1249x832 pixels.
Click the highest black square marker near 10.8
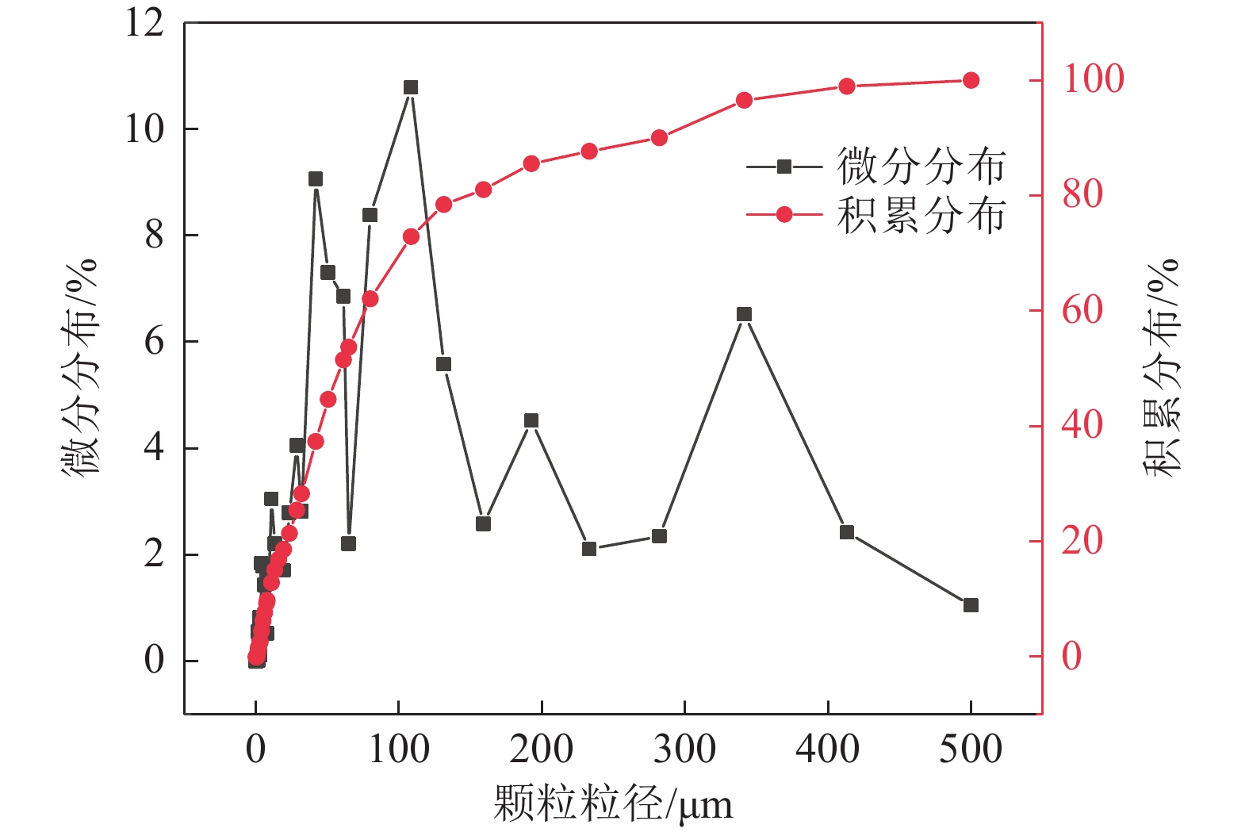pyautogui.click(x=410, y=87)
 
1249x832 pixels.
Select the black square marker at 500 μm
pyautogui.click(x=971, y=605)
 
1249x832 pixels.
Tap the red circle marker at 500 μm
pyautogui.click(x=971, y=80)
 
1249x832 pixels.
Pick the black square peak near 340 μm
pyautogui.click(x=744, y=314)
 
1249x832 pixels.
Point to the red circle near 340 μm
pyautogui.click(x=744, y=100)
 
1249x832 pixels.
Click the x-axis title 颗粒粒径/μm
pyautogui.click(x=612, y=804)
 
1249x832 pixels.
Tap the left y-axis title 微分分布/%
pyautogui.click(x=80, y=366)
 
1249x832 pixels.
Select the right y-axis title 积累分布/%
pyautogui.click(x=1161, y=366)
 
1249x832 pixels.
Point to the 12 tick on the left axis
pyautogui.click(x=144, y=23)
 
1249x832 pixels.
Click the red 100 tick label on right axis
pyautogui.click(x=1093, y=79)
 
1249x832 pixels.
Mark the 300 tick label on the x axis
pyautogui.click(x=684, y=749)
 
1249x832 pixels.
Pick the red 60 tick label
pyautogui.click(x=1082, y=310)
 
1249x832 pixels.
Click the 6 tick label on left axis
pyautogui.click(x=154, y=342)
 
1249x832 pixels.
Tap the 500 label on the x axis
pyautogui.click(x=971, y=749)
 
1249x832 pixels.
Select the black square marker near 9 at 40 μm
pyautogui.click(x=316, y=179)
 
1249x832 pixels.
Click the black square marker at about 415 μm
pyautogui.click(x=847, y=532)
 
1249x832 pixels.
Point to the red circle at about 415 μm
pyautogui.click(x=847, y=86)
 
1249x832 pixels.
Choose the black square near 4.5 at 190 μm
pyautogui.click(x=531, y=420)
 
